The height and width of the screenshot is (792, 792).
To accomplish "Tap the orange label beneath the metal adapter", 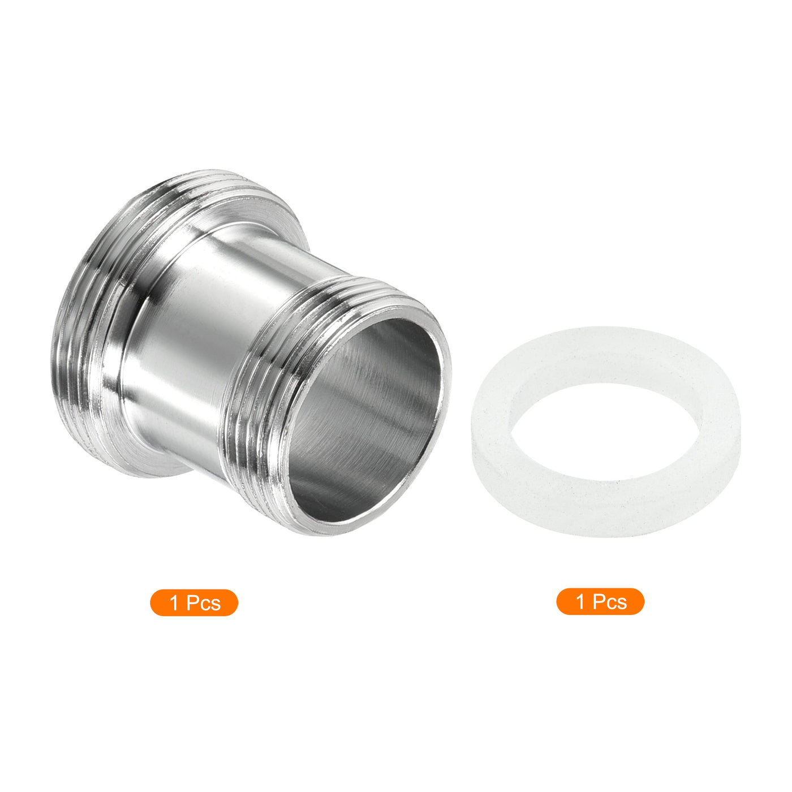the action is pos(194,602).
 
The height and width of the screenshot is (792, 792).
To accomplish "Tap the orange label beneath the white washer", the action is pos(600,602).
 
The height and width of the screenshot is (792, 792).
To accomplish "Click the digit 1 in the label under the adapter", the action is pos(174,603).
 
